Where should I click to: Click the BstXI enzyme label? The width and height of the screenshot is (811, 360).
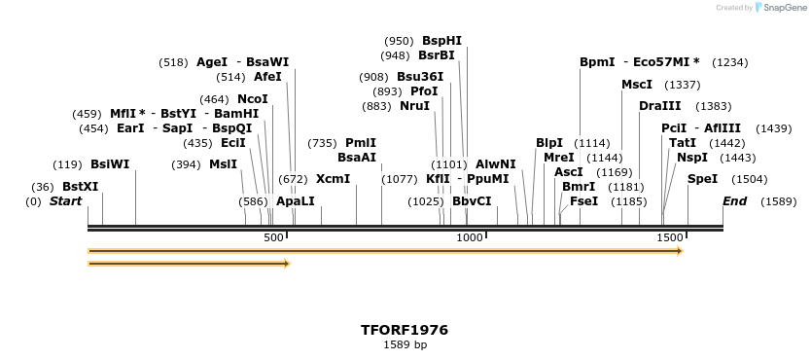point(80,186)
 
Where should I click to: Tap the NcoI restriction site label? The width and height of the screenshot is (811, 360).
point(253,99)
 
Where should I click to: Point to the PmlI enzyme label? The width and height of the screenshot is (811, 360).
point(360,143)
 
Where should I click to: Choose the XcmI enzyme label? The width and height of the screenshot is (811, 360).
point(333,179)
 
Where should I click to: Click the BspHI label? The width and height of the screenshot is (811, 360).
point(441,41)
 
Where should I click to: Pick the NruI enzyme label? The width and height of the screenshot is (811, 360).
point(414,106)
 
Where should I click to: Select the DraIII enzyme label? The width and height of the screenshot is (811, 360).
point(659,106)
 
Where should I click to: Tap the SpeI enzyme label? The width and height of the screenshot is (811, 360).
point(702,179)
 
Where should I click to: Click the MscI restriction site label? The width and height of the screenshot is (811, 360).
point(637,85)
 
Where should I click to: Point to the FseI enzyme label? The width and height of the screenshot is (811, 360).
point(583,201)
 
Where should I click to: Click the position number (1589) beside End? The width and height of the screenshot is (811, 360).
point(778,201)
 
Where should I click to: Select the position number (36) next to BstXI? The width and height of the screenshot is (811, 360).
point(43,186)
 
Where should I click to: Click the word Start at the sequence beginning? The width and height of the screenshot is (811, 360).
point(66,201)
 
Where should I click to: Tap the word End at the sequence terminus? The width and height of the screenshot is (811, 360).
point(734,201)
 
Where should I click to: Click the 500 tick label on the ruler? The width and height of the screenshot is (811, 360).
point(273,238)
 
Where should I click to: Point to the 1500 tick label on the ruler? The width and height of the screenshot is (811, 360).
point(669,238)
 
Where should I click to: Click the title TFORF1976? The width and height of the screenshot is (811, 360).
point(405,330)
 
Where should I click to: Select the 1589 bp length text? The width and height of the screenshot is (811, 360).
point(405,344)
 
